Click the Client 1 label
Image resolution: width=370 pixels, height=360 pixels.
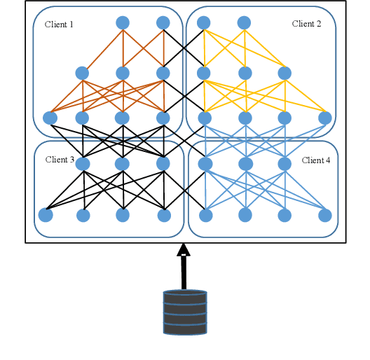59,25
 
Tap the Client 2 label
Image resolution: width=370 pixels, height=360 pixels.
306,24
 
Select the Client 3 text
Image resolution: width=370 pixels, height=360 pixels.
60,160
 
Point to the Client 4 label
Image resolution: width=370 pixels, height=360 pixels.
316,160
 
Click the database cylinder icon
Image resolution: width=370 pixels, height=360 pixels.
185,312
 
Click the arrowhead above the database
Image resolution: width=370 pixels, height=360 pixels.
184,249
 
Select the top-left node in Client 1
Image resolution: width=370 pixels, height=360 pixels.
123,22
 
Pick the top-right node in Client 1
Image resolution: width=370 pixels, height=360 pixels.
163,22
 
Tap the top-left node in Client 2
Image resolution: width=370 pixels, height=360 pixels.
204,22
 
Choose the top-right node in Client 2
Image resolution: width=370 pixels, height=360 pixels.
244,22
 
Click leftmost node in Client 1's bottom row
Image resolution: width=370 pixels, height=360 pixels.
50,118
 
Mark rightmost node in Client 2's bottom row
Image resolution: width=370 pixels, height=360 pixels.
325,118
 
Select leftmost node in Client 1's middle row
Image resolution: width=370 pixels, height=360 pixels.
82,73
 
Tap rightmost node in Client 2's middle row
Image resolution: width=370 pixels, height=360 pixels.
285,73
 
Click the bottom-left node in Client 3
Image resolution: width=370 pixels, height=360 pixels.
46,214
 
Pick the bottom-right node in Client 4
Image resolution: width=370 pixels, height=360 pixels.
325,214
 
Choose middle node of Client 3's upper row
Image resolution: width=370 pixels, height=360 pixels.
123,164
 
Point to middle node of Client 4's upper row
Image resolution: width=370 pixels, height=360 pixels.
245,164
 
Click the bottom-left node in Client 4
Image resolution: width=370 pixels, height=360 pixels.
205,214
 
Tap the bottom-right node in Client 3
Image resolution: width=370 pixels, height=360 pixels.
165,214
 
